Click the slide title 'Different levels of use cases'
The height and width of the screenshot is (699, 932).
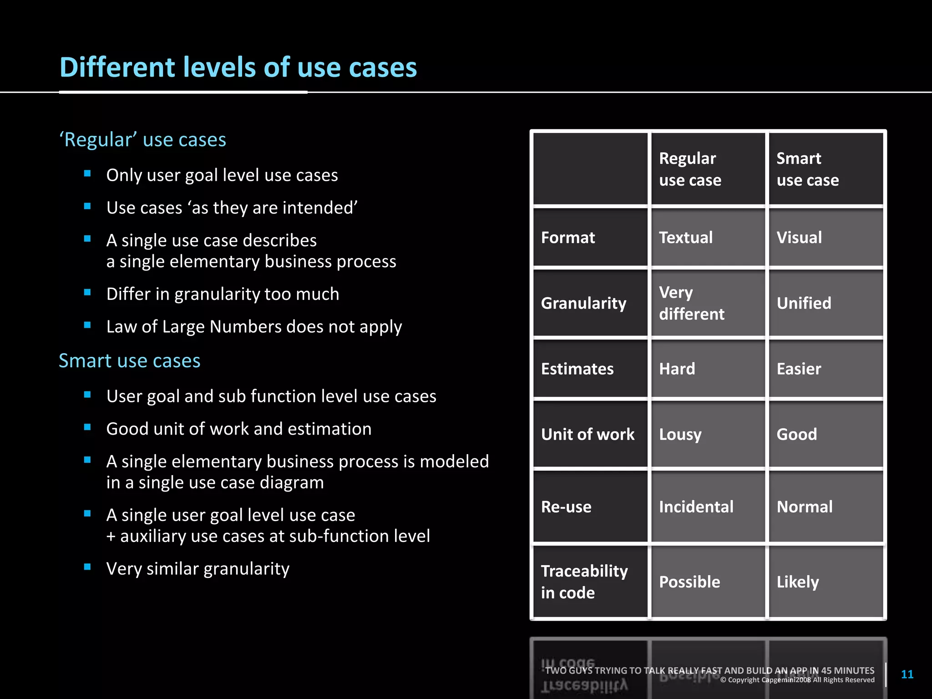tap(238, 67)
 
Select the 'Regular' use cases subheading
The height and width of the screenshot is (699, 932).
tap(142, 140)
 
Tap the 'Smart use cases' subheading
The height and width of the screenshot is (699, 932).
tap(130, 361)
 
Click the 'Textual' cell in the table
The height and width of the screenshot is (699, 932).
tap(686, 238)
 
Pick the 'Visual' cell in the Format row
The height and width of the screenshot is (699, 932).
tap(799, 238)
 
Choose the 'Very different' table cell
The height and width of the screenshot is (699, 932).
tap(692, 303)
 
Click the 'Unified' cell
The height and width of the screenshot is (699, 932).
tap(804, 303)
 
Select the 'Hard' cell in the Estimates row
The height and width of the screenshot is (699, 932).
tap(677, 369)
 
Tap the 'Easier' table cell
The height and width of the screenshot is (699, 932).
tap(799, 369)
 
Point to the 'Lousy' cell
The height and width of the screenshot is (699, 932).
tap(680, 435)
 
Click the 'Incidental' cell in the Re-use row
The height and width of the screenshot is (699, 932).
tap(696, 507)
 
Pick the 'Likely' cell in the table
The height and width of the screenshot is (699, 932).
tap(798, 582)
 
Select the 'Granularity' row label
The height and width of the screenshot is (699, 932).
tap(583, 303)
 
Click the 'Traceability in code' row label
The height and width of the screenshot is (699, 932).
tap(584, 582)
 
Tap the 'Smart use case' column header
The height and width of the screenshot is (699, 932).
tap(807, 169)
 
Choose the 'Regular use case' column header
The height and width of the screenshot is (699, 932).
tap(690, 169)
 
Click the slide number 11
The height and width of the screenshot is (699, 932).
tap(907, 674)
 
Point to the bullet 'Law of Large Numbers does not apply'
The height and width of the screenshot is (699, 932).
tap(254, 327)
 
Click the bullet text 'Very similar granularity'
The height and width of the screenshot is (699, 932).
tap(198, 569)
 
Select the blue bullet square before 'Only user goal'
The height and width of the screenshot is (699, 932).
tap(87, 173)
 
